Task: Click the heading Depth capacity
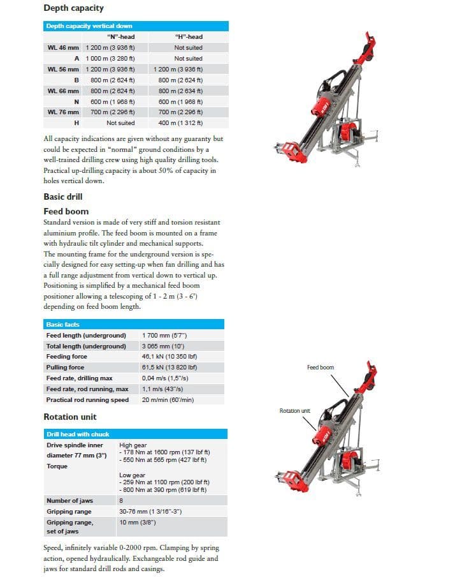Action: [x=73, y=8]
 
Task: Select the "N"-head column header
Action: [x=121, y=37]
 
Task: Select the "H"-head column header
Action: [x=189, y=37]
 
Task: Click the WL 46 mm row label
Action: [x=63, y=48]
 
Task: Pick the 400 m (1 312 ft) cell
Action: [x=180, y=123]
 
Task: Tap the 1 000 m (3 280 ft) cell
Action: [x=110, y=59]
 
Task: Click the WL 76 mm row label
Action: [x=63, y=112]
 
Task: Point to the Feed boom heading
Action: [x=66, y=212]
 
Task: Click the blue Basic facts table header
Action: [x=134, y=324]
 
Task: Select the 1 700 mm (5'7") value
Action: [x=164, y=336]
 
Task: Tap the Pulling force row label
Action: [x=65, y=368]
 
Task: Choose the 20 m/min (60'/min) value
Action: [x=168, y=400]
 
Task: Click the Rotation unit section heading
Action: [x=70, y=417]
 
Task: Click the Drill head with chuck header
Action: [x=135, y=434]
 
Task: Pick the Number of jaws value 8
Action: [x=121, y=501]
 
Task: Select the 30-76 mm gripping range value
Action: [x=150, y=512]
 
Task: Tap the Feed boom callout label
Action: [x=321, y=368]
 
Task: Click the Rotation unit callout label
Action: [x=294, y=410]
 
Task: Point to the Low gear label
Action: [x=132, y=475]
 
